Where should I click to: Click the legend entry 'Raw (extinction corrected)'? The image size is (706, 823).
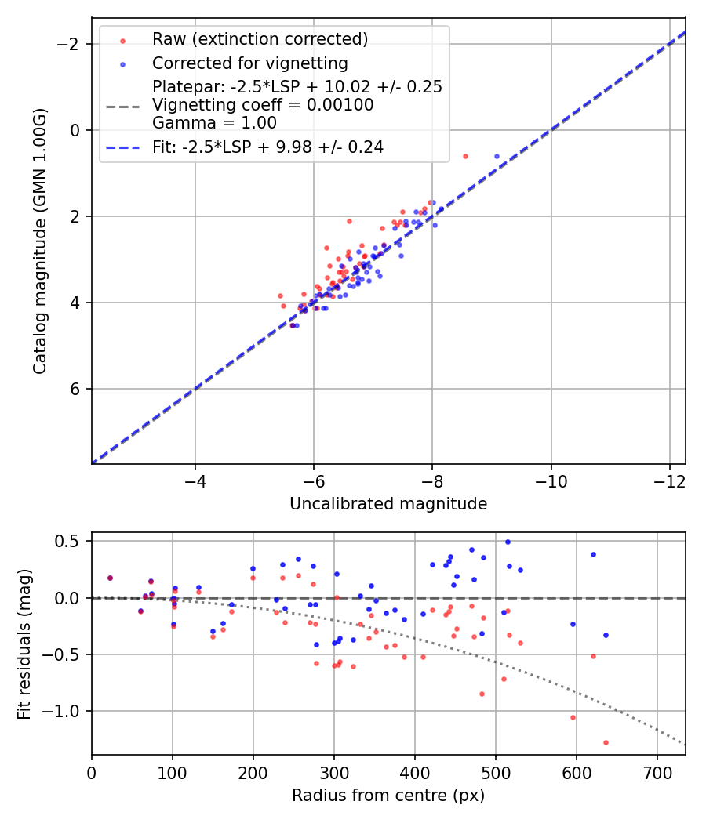click(x=260, y=39)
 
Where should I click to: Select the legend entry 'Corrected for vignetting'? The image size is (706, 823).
click(x=249, y=63)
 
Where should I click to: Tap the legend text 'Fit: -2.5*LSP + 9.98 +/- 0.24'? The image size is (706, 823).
click(x=267, y=147)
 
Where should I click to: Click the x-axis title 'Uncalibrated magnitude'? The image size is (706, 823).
click(x=388, y=504)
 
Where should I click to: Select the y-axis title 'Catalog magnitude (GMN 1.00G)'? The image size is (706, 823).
click(x=40, y=241)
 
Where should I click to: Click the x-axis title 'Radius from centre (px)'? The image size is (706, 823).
click(x=388, y=796)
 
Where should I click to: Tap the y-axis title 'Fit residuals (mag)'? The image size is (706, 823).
click(x=24, y=644)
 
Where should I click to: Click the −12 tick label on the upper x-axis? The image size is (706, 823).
click(x=669, y=480)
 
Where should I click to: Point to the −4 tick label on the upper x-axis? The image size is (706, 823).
click(x=195, y=480)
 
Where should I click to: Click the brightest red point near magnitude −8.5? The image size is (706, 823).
click(x=465, y=156)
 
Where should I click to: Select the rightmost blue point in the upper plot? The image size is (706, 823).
click(x=497, y=156)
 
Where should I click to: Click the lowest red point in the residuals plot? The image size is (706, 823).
click(x=606, y=742)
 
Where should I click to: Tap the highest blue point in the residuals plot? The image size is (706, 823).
click(x=508, y=542)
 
